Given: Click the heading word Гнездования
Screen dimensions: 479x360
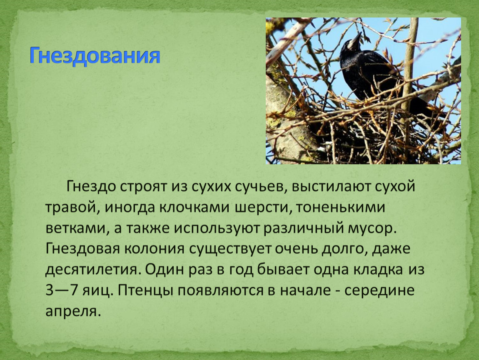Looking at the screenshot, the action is pyautogui.click(x=95, y=56).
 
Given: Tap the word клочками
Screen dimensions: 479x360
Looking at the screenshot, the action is pyautogui.click(x=194, y=207).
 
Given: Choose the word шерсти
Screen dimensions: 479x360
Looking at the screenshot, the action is pyautogui.click(x=262, y=208).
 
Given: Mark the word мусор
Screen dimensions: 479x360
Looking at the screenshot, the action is pyautogui.click(x=371, y=229).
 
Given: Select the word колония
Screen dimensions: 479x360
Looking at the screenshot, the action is pyautogui.click(x=154, y=249).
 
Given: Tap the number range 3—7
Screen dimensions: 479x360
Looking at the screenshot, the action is pyautogui.click(x=61, y=290).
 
